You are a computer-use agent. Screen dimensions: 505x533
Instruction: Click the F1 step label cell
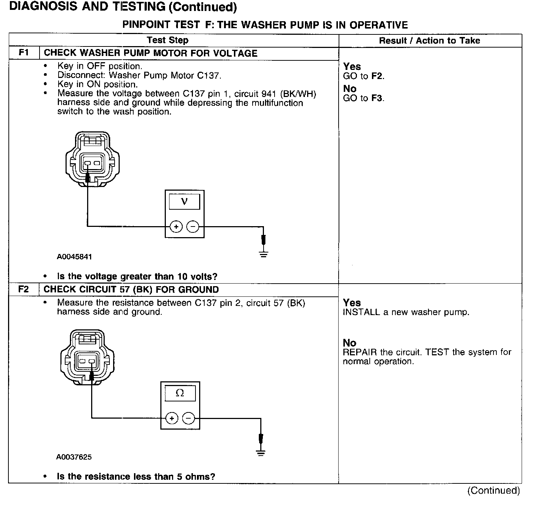(24, 53)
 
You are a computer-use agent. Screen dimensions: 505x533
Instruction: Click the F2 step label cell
(23, 289)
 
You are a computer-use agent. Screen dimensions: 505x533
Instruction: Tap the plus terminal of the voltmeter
(176, 227)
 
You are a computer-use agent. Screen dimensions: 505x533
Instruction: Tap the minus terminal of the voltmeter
(193, 227)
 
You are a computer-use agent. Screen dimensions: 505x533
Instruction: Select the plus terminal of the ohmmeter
(172, 418)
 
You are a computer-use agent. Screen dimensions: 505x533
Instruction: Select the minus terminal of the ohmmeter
(189, 418)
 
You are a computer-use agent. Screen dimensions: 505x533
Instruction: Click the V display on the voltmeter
(184, 202)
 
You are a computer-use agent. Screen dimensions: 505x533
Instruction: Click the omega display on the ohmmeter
(180, 393)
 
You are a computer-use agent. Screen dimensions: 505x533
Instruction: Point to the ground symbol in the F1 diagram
(264, 253)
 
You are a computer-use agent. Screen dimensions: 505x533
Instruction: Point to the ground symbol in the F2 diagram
(261, 453)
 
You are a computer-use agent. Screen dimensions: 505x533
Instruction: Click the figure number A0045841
(74, 257)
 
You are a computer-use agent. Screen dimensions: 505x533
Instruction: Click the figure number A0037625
(74, 457)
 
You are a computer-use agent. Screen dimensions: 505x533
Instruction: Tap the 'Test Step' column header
(168, 40)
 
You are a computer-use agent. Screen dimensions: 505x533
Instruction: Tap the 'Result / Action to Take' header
(429, 41)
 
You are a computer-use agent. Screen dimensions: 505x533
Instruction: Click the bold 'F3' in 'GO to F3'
(377, 98)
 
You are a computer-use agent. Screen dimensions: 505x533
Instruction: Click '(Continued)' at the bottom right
(493, 490)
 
